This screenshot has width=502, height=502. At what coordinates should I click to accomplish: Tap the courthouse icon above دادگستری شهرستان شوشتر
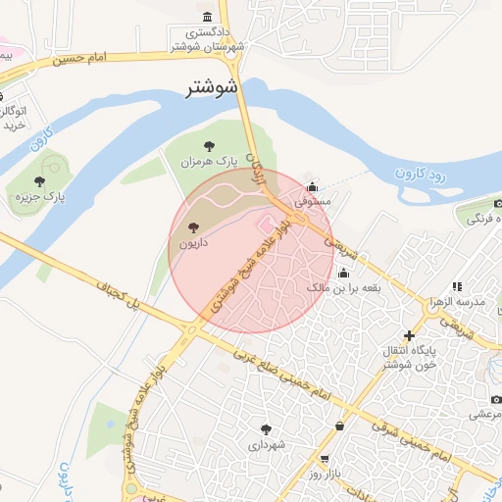(207, 17)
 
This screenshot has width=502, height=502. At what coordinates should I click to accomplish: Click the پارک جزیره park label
(40, 197)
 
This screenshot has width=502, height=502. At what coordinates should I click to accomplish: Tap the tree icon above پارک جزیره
(39, 180)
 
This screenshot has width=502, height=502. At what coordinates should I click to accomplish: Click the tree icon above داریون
(190, 227)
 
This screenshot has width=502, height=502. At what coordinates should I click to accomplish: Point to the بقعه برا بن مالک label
(343, 288)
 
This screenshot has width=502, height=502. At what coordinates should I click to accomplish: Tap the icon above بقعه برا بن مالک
(343, 274)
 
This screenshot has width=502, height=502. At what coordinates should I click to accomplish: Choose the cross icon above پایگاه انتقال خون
(409, 335)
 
